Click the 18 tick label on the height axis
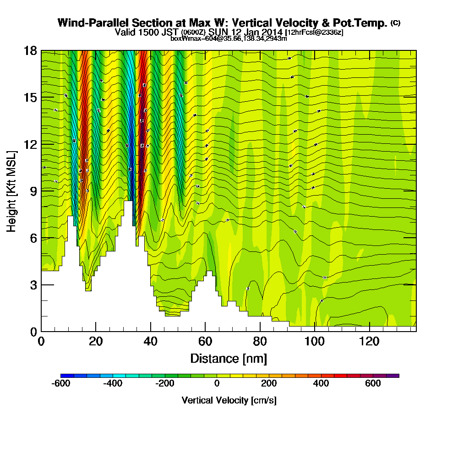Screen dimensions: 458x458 (30, 51)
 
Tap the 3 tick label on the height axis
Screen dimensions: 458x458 (33, 284)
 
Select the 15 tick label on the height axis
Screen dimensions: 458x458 (30, 98)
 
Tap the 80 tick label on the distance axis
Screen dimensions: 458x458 (260, 342)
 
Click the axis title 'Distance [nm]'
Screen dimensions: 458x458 (229, 358)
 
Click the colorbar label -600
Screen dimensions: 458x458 (61, 383)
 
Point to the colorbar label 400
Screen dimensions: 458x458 (321, 383)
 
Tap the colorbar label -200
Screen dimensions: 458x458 (165, 383)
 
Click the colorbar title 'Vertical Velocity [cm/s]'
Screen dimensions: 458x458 (229, 400)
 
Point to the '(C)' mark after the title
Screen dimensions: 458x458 (395, 22)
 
